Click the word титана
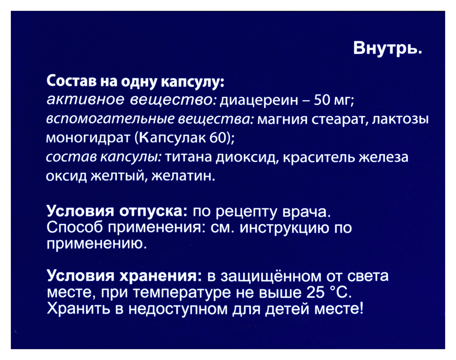click(187, 157)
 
